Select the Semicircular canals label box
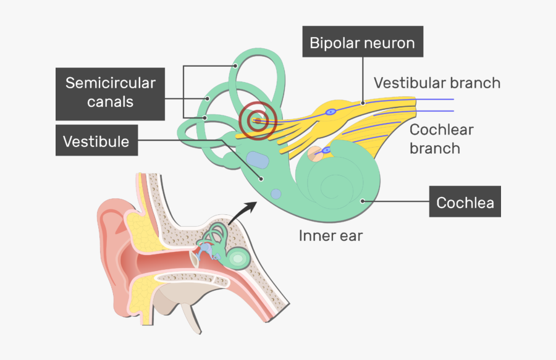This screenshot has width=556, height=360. pyautogui.click(x=111, y=92)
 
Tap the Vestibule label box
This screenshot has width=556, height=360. pyautogui.click(x=96, y=141)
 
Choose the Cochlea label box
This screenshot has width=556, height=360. pyautogui.click(x=465, y=203)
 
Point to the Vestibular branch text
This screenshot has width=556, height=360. pyautogui.click(x=437, y=83)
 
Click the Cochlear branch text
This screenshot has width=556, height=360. pyautogui.click(x=441, y=139)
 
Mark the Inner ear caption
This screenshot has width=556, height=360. pyautogui.click(x=331, y=235)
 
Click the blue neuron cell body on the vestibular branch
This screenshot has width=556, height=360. pyautogui.click(x=331, y=112)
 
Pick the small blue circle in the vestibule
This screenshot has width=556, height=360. pyautogui.click(x=276, y=194)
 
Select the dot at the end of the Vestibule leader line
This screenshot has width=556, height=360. pyautogui.click(x=263, y=179)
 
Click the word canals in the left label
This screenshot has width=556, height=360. pyautogui.click(x=111, y=101)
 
